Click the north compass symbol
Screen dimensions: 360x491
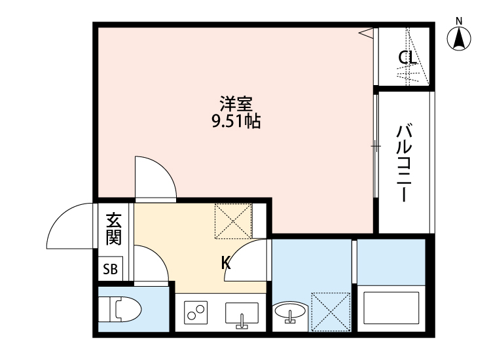coord(460,37)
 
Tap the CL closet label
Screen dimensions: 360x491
coord(407,58)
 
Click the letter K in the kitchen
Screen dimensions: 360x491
coord(225,263)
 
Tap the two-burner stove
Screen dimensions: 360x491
coord(196,314)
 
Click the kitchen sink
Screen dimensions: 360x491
coord(242,314)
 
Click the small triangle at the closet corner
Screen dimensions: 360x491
coord(367,32)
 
